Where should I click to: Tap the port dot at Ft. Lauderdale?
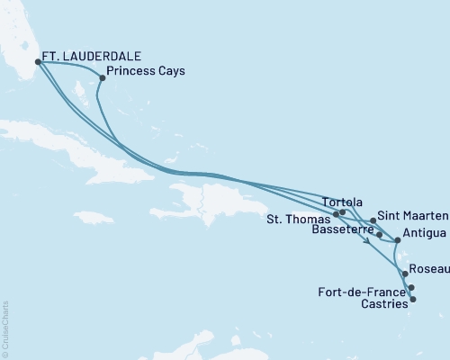pos(38,62)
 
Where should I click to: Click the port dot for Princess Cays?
pos(102,77)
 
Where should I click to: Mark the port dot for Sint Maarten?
pos(373,220)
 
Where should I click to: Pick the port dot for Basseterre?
pos(380,236)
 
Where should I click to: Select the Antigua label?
pos(425,234)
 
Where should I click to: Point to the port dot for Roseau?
pos(405,272)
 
